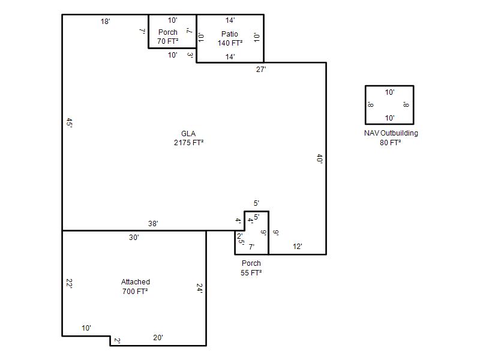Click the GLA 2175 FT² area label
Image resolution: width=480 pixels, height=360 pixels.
pyautogui.click(x=188, y=138)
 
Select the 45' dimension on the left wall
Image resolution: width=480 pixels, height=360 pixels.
pyautogui.click(x=69, y=123)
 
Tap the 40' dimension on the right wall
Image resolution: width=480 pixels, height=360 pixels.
pyautogui.click(x=319, y=158)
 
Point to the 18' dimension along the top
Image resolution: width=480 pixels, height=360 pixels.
pyautogui.click(x=105, y=22)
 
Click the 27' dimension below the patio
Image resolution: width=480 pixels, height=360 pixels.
pyautogui.click(x=261, y=70)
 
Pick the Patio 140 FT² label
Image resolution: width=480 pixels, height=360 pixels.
pyautogui.click(x=230, y=38)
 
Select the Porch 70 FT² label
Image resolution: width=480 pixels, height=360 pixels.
pyautogui.click(x=168, y=37)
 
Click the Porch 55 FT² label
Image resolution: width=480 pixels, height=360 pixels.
pyautogui.click(x=251, y=268)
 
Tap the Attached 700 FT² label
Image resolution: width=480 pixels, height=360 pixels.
pyautogui.click(x=136, y=287)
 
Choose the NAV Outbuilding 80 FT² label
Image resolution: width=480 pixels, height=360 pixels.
pyautogui.click(x=391, y=138)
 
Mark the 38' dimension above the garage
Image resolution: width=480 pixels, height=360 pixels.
pyautogui.click(x=153, y=223)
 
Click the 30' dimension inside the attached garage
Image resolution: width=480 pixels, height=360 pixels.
pyautogui.click(x=134, y=237)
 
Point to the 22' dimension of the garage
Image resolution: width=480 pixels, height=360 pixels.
pyautogui.click(x=69, y=283)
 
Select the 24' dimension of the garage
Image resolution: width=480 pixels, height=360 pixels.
pyautogui.click(x=199, y=288)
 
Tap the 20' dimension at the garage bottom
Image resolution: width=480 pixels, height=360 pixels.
pyautogui.click(x=158, y=337)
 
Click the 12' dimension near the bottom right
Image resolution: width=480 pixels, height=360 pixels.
pyautogui.click(x=297, y=247)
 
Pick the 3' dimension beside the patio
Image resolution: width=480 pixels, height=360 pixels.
pyautogui.click(x=190, y=55)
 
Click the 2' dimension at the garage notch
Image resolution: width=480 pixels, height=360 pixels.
pyautogui.click(x=117, y=340)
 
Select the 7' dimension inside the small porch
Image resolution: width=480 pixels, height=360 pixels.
pyautogui.click(x=251, y=247)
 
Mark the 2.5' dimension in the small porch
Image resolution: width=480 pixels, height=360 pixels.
pyautogui.click(x=241, y=238)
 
